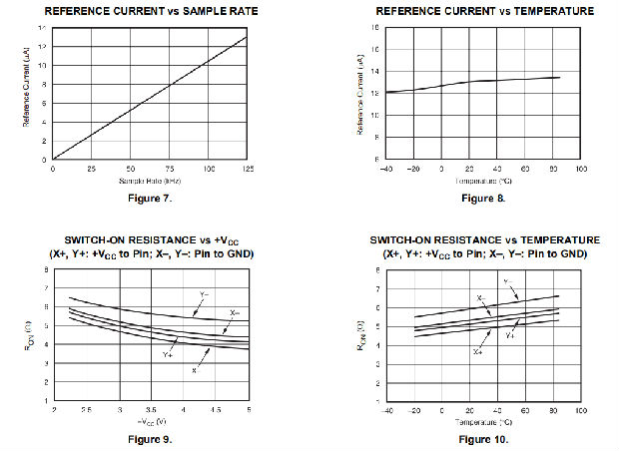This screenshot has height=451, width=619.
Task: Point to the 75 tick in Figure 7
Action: pyautogui.click(x=170, y=169)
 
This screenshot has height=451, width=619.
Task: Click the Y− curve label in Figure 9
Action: pyautogui.click(x=204, y=294)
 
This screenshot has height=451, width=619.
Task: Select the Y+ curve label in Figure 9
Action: pyautogui.click(x=169, y=354)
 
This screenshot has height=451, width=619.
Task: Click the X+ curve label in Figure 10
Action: pyautogui.click(x=477, y=352)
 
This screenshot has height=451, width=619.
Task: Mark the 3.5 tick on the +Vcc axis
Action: pyautogui.click(x=151, y=409)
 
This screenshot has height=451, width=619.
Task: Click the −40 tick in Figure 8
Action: pyautogui.click(x=384, y=169)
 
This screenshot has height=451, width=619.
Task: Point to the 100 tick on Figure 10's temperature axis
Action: pyautogui.click(x=581, y=409)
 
